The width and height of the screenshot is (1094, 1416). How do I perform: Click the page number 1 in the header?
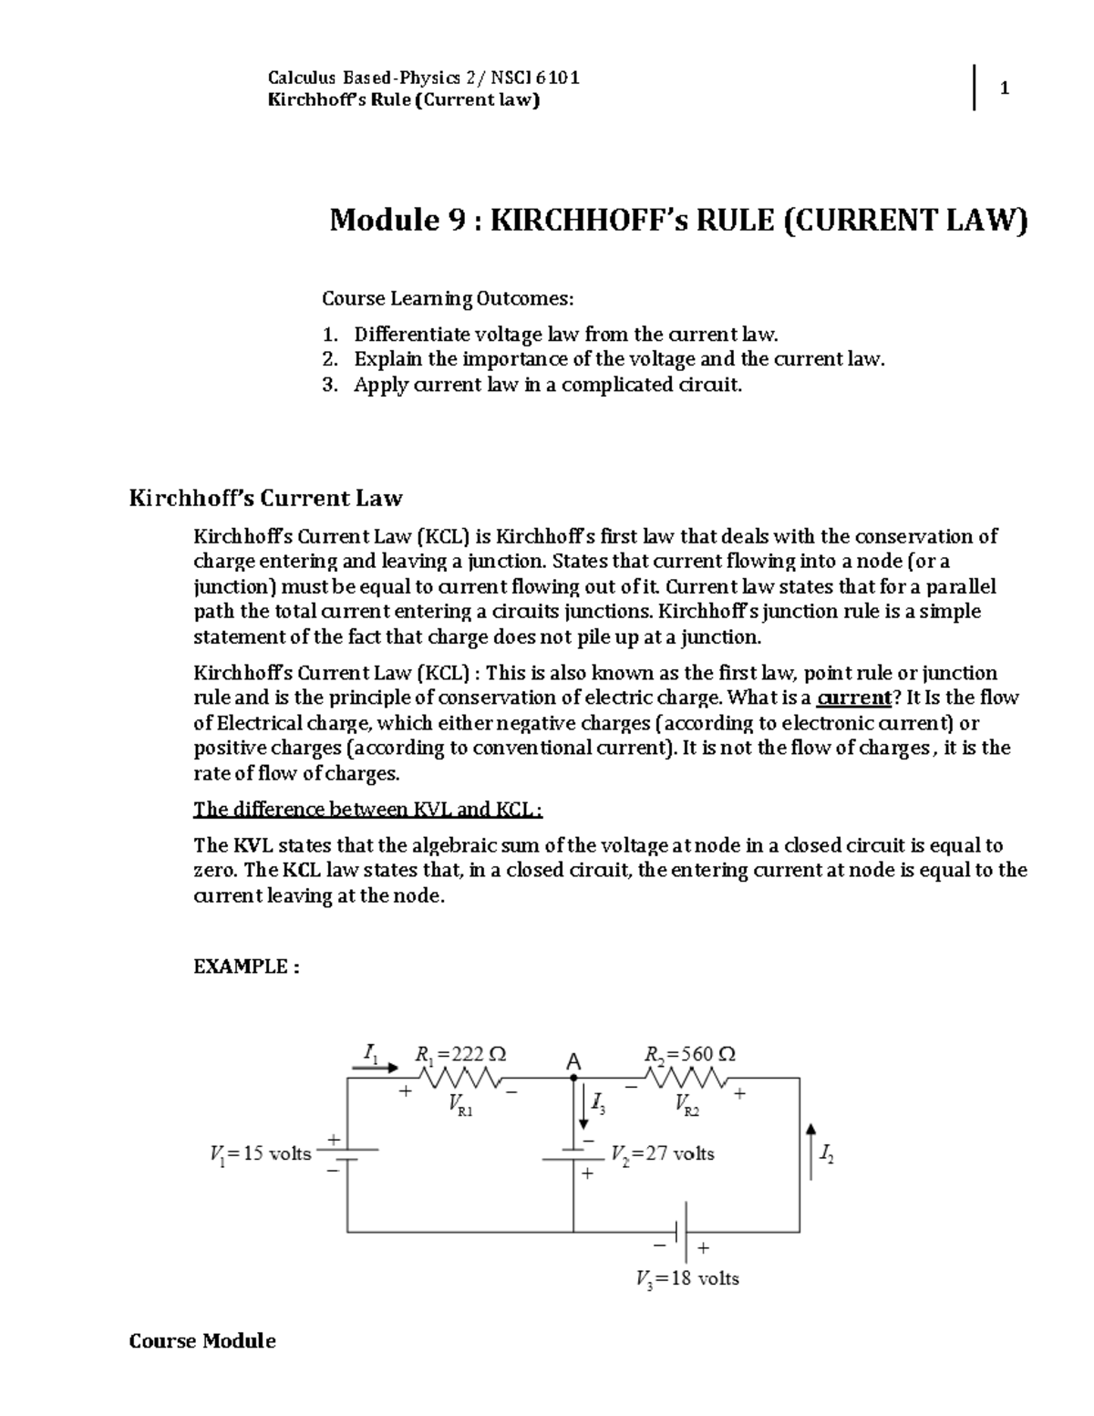pos(1004,88)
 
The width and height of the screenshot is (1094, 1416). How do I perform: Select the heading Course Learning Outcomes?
pos(449,298)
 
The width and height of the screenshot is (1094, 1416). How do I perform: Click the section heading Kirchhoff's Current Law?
pos(265,498)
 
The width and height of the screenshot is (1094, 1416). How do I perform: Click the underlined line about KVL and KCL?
pos(368,810)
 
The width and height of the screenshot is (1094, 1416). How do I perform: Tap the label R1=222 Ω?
pos(460,1054)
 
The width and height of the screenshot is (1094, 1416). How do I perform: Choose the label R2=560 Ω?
pos(689,1054)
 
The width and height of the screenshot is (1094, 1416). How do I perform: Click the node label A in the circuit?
pos(573,1061)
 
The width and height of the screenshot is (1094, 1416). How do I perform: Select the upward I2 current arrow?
pos(810,1152)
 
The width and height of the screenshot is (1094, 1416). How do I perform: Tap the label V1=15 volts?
pos(261,1154)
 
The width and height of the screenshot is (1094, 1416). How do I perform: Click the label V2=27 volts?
pos(663,1154)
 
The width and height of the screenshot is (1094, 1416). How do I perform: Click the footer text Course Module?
pos(202,1340)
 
